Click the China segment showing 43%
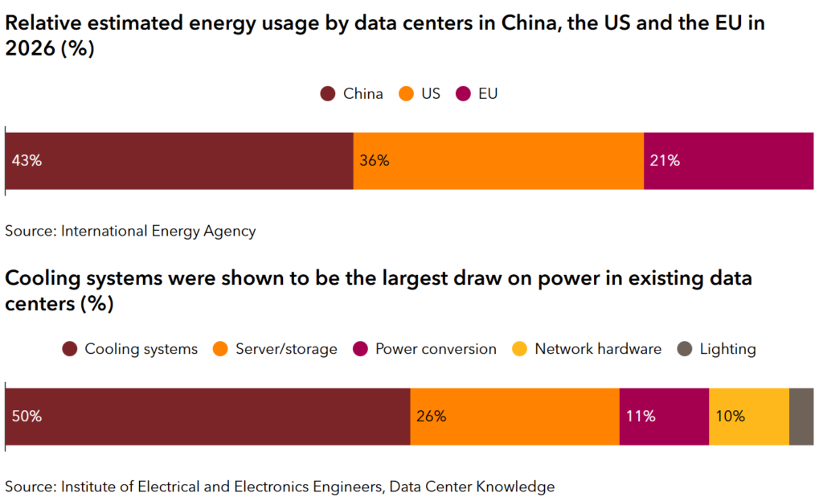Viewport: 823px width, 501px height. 179,161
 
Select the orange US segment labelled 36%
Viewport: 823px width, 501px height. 498,161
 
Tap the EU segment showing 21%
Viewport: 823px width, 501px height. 728,161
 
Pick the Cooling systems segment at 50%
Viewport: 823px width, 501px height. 207,417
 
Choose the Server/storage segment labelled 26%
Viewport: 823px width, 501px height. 514,417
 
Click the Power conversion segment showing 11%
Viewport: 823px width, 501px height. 664,417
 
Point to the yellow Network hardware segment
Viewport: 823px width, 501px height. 749,417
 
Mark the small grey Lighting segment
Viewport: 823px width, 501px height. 801,417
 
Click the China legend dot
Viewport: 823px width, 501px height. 328,94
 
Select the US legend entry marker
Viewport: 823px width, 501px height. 407,94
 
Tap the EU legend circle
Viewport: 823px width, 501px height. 463,94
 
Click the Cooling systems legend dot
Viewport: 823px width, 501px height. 70,349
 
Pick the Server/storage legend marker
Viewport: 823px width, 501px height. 220,349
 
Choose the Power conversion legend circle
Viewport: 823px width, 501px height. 360,349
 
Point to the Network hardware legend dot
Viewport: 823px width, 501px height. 520,349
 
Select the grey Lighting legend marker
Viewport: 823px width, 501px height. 685,349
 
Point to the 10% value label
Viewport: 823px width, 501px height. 730,417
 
